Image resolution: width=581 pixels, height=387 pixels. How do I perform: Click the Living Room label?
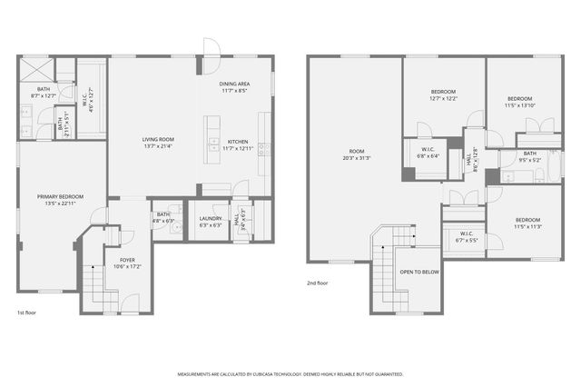tap(158, 139)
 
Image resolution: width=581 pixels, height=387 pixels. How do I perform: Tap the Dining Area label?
tap(234, 84)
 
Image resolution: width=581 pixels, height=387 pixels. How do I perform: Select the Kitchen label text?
tap(238, 141)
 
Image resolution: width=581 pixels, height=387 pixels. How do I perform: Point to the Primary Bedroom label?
tap(60, 196)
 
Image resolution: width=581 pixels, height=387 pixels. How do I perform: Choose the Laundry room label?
tap(211, 218)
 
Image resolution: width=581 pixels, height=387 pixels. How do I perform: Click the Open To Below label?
tap(419, 272)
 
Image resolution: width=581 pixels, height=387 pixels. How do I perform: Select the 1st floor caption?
tap(26, 313)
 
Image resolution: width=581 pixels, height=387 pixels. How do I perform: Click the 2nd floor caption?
tap(318, 283)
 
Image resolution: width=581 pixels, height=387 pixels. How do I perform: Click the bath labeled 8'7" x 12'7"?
tap(43, 89)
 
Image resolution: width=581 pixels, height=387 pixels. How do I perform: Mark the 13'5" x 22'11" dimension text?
tap(60, 203)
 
